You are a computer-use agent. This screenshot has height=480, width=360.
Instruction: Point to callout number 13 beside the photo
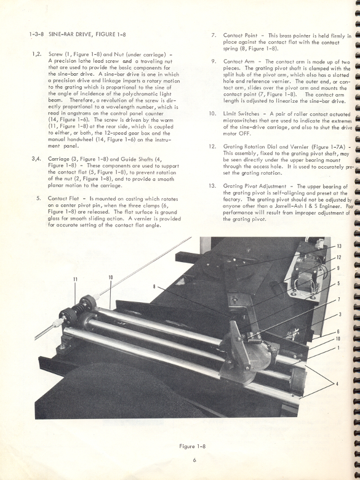tap(338, 246)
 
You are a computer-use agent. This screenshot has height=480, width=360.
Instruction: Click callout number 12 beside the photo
tap(338, 257)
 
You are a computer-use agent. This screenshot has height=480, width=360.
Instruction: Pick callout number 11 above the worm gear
tap(75, 279)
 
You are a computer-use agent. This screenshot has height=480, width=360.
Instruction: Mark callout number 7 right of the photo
tap(338, 300)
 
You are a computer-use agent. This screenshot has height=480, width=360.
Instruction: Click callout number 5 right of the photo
tap(338, 284)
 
